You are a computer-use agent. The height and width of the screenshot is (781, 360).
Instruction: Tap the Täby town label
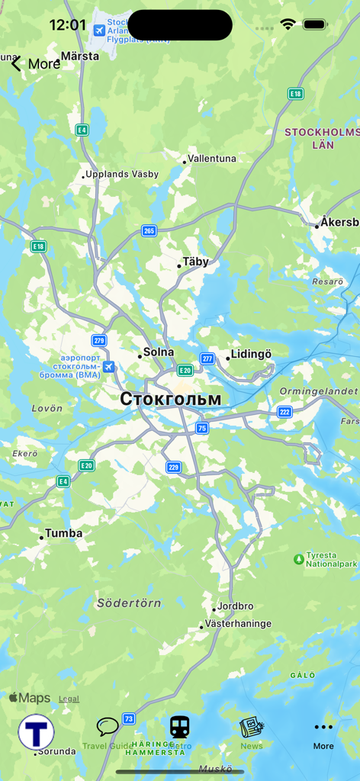[195, 262]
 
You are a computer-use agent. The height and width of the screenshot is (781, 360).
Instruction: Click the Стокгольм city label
[171, 399]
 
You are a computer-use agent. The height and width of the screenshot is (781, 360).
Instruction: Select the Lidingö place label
[251, 355]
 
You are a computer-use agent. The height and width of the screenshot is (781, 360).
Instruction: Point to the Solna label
[159, 352]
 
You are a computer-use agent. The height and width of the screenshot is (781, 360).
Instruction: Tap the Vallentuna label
[212, 159]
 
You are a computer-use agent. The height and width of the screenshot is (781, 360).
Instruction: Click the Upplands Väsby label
[122, 174]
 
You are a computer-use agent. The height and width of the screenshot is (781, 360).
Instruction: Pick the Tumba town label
[63, 534]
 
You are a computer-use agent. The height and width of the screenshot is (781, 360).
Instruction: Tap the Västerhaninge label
[238, 624]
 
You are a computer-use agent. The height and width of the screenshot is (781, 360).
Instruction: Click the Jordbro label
[235, 606]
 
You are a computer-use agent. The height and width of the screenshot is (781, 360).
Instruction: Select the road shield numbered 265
[149, 231]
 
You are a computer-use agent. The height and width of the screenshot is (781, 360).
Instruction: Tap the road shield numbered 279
[99, 341]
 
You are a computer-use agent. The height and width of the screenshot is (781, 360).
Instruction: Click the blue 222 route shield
[284, 412]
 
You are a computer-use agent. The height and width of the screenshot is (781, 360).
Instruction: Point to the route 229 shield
[174, 468]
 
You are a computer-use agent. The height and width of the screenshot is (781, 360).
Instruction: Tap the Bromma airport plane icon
[110, 367]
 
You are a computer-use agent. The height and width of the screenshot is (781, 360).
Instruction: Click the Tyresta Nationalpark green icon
[299, 559]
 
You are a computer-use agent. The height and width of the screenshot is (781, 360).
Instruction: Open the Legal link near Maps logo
[69, 699]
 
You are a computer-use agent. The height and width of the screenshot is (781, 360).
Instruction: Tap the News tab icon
[251, 728]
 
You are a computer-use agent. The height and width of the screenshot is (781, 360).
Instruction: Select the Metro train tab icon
[180, 728]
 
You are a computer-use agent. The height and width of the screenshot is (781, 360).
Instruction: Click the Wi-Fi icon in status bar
[288, 24]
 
